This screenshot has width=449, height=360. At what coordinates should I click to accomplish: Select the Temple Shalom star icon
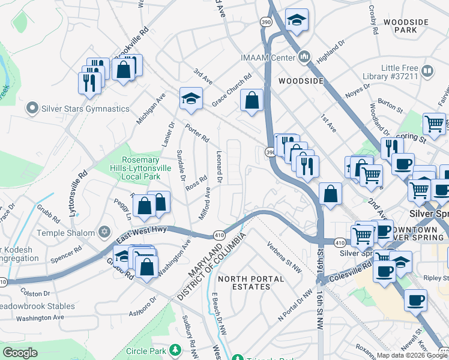[x=104, y=232]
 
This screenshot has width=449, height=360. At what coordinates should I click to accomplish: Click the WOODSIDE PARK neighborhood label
[x=406, y=26]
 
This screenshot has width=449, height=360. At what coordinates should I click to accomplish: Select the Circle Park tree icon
[x=175, y=349]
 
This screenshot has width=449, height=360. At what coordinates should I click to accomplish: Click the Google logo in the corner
[x=20, y=352]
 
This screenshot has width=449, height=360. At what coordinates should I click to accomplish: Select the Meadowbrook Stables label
[x=37, y=306]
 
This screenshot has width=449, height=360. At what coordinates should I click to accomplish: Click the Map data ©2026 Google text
[x=406, y=355]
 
